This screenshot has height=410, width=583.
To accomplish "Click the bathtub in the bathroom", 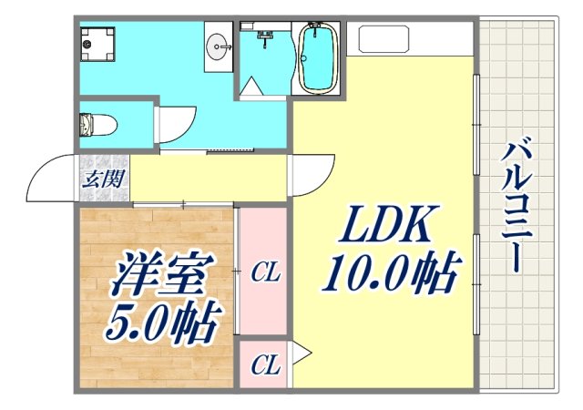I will pos(318,58).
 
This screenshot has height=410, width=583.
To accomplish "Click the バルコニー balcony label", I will pos(517,206).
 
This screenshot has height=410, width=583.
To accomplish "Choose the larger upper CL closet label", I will pos(265,272).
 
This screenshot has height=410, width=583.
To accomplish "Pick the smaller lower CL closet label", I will pos(265,366).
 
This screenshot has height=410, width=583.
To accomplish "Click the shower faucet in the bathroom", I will pos(266,36).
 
